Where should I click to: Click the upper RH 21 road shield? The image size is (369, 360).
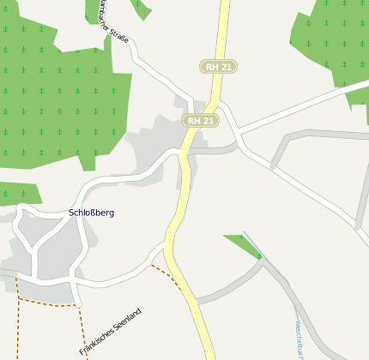(x=218, y=66)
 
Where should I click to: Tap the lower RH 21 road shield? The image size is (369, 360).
(x=200, y=121)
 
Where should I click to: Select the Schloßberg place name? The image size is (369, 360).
(x=91, y=212)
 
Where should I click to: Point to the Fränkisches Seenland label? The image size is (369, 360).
(x=110, y=332)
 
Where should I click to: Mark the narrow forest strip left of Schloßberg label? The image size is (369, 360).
(x=17, y=194)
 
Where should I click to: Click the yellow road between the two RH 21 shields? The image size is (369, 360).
(x=213, y=93)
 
